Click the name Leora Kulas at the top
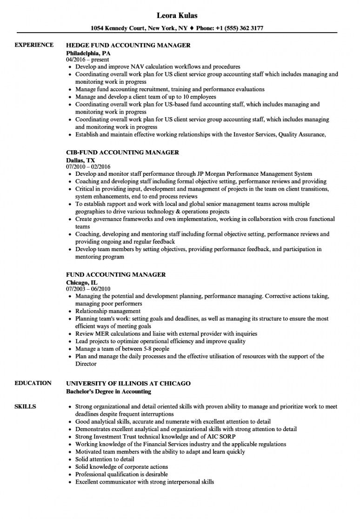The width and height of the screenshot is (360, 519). point(180,15)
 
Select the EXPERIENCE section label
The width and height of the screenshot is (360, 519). point(34,45)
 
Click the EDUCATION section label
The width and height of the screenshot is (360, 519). point(33,383)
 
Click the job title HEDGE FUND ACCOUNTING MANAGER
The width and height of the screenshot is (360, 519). point(128,46)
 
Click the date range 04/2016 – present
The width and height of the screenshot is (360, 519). point(87,60)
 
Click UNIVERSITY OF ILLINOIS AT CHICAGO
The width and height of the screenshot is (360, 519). point(128,384)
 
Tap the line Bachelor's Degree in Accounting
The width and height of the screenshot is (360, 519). point(108,392)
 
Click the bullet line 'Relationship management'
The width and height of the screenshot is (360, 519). point(107,311)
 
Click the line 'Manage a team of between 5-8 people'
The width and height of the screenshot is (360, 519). point(122,349)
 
